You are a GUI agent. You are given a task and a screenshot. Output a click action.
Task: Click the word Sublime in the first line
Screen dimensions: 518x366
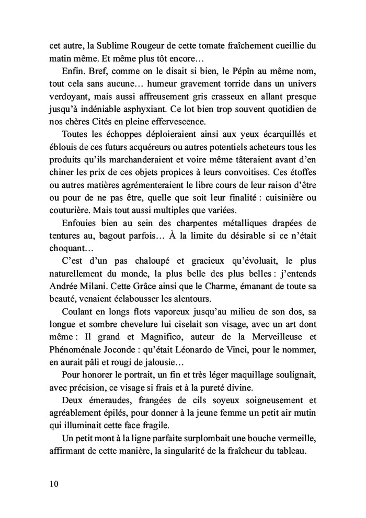111,45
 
